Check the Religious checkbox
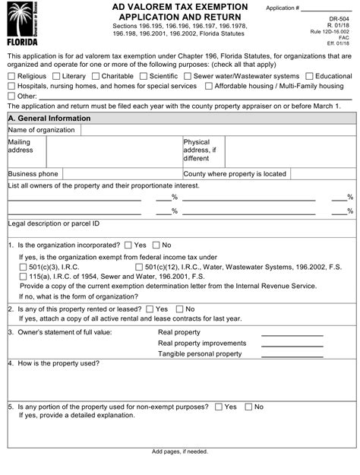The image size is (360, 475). [11, 77]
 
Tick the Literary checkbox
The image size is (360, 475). [57, 77]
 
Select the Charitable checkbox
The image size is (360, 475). [99, 77]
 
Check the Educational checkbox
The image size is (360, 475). [310, 77]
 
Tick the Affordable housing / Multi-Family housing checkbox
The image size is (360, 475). [209, 87]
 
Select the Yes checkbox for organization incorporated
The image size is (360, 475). [128, 245]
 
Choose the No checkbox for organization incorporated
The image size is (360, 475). [156, 245]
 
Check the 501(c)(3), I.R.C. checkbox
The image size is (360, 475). [23, 268]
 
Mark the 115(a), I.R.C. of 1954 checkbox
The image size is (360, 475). [23, 277]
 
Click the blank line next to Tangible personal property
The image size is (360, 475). [292, 354]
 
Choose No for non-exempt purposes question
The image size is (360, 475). [247, 407]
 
